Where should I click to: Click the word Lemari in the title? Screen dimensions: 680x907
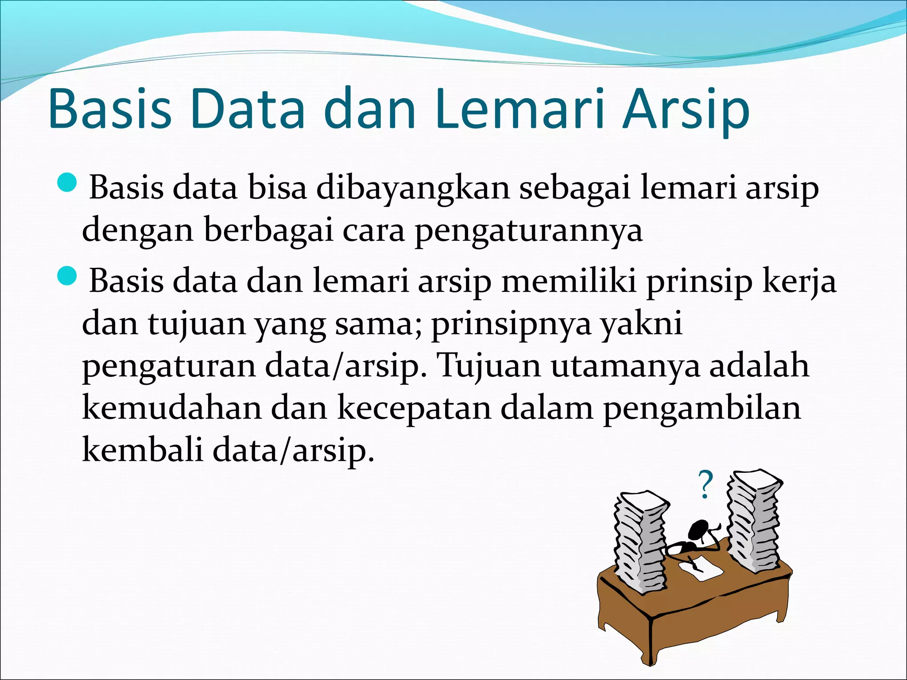click(x=519, y=109)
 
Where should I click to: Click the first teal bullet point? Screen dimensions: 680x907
click(x=68, y=183)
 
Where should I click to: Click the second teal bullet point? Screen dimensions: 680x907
click(x=68, y=277)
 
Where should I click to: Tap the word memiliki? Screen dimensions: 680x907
click(x=569, y=281)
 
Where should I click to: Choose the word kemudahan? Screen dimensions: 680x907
click(x=172, y=408)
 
